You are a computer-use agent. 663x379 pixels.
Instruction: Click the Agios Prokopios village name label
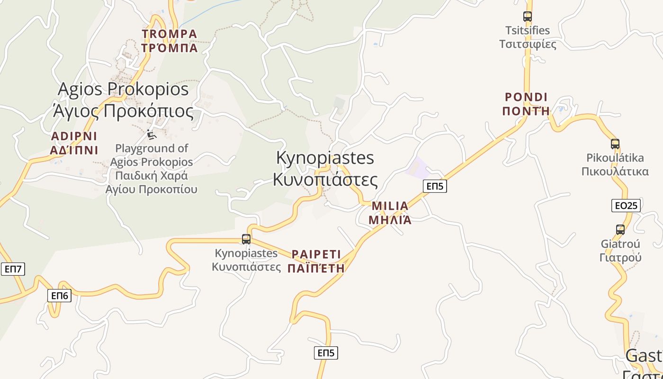pyautogui.click(x=123, y=100)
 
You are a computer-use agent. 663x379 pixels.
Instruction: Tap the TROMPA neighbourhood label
pyautogui.click(x=169, y=41)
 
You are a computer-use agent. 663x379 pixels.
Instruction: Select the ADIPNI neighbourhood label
pyautogui.click(x=74, y=143)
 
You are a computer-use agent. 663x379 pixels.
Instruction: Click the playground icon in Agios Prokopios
pyautogui.click(x=151, y=135)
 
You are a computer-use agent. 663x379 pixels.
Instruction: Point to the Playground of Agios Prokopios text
pyautogui.click(x=152, y=169)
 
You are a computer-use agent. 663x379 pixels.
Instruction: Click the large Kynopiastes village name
pyautogui.click(x=325, y=169)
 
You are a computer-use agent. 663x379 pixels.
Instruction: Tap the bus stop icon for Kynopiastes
pyautogui.click(x=246, y=239)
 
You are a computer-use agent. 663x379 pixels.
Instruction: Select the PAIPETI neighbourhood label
pyautogui.click(x=316, y=261)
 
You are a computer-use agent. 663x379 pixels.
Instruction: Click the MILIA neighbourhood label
pyautogui.click(x=390, y=213)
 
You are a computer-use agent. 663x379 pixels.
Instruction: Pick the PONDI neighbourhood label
pyautogui.click(x=526, y=104)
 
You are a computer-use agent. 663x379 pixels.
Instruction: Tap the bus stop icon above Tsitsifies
pyautogui.click(x=528, y=17)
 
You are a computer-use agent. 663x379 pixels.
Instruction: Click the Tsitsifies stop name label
pyautogui.click(x=528, y=37)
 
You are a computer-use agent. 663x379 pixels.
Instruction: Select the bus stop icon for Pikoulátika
pyautogui.click(x=615, y=144)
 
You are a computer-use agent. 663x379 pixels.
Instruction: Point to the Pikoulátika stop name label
pyautogui.click(x=615, y=164)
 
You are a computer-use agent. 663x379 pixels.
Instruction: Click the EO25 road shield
pyautogui.click(x=626, y=206)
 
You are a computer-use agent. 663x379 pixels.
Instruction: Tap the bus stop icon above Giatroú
pyautogui.click(x=620, y=230)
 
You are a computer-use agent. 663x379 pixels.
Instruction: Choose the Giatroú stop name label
pyautogui.click(x=620, y=251)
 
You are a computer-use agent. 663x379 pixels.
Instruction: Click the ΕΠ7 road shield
pyautogui.click(x=13, y=269)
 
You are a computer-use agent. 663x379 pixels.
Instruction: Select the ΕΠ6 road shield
pyautogui.click(x=60, y=296)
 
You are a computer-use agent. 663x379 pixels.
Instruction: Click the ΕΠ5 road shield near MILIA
pyautogui.click(x=435, y=186)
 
